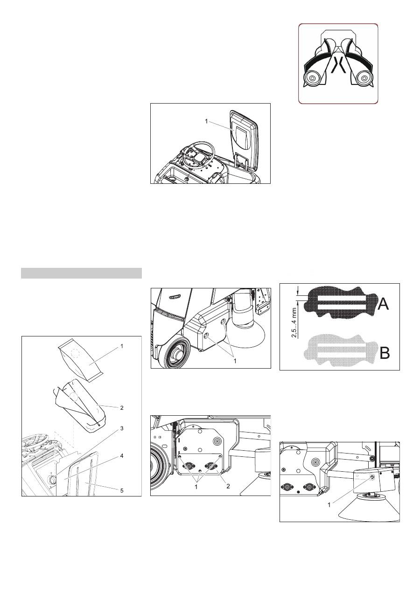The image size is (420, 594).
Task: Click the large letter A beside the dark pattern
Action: (383, 304)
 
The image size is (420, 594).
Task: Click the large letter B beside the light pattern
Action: (385, 352)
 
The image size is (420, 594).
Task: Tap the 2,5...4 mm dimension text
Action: (294, 322)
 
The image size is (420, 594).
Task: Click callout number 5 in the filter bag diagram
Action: (122, 490)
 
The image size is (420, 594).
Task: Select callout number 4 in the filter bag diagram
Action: (122, 456)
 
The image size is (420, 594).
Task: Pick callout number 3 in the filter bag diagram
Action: (122, 428)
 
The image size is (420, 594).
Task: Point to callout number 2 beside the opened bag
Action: (122, 407)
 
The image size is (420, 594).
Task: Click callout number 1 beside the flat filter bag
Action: (122, 346)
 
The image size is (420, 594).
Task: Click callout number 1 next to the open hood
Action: (206, 121)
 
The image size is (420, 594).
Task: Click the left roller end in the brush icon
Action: (312, 78)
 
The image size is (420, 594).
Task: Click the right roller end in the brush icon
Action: (364, 78)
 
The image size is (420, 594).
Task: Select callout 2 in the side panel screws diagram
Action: (228, 486)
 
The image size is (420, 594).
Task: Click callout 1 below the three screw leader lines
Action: (196, 487)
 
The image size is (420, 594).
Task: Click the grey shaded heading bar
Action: (81, 273)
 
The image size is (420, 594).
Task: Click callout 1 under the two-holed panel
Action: (235, 361)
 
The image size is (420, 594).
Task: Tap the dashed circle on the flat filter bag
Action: (76, 353)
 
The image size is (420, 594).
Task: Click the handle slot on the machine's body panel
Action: (174, 297)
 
